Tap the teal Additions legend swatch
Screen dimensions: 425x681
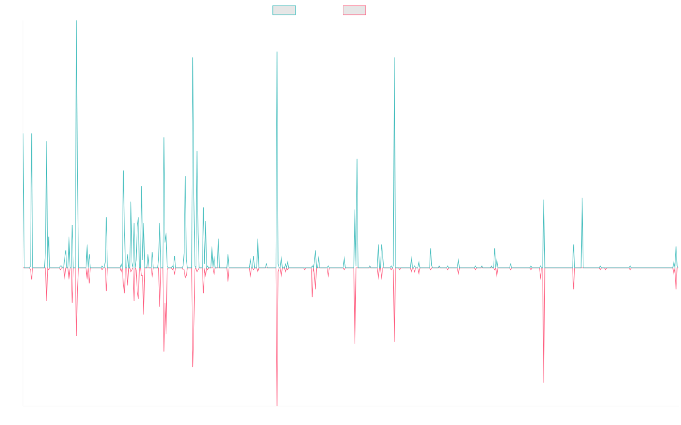tap(284, 10)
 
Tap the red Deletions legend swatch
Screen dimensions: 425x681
tap(354, 10)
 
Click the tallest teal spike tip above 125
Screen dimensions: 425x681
tap(77, 21)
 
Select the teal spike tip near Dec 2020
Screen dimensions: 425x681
tap(394, 58)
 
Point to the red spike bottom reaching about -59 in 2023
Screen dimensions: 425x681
tap(544, 382)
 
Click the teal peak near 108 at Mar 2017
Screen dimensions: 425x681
tap(193, 58)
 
